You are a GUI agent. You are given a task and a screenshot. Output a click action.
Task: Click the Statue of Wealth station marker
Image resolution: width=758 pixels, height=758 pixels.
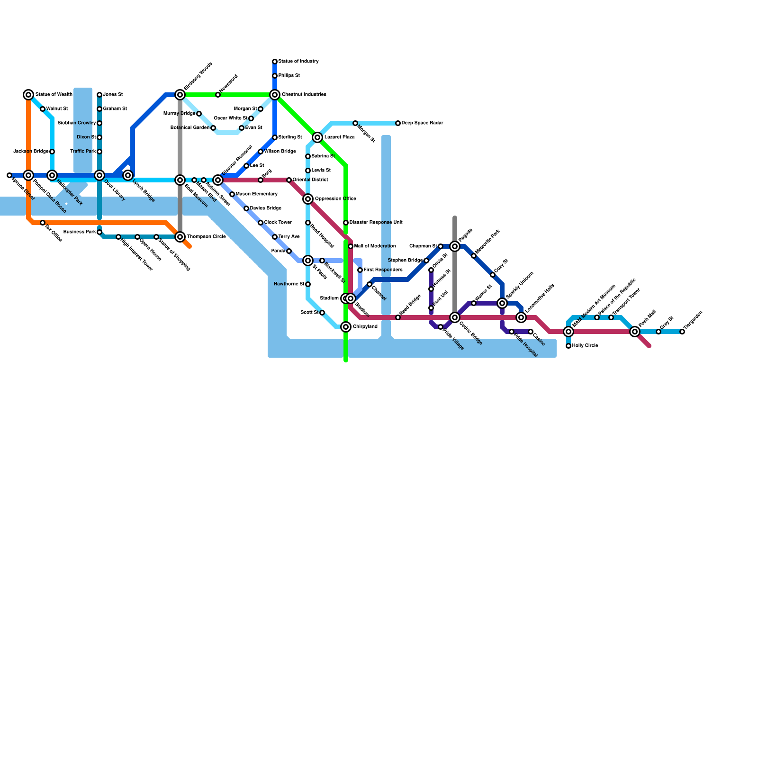click(x=28, y=95)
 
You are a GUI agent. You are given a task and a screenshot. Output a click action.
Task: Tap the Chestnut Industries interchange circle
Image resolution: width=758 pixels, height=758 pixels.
click(x=275, y=95)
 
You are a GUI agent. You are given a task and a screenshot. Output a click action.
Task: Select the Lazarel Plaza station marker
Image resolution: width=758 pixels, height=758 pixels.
click(x=317, y=137)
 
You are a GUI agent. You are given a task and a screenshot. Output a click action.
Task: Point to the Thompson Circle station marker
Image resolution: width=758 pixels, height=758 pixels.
click(x=180, y=237)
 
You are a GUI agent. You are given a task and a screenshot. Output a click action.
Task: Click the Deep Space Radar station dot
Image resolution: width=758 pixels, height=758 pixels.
click(x=398, y=123)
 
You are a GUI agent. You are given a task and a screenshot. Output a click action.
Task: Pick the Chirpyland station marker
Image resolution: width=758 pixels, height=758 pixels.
click(x=346, y=327)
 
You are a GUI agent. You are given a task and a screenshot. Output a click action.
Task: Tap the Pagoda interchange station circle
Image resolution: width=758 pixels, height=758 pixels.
click(x=455, y=246)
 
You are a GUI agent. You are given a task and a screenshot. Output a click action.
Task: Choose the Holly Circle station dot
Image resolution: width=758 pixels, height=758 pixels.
click(x=568, y=346)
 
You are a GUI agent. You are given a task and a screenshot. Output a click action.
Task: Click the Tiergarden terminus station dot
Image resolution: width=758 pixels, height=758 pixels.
click(x=682, y=332)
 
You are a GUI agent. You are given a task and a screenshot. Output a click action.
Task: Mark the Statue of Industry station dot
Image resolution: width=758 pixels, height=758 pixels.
click(x=275, y=62)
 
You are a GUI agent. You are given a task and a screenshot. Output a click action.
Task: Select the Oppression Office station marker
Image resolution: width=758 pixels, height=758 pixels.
click(x=308, y=199)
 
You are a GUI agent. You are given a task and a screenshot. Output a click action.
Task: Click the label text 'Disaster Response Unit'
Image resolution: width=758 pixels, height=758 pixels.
click(x=376, y=223)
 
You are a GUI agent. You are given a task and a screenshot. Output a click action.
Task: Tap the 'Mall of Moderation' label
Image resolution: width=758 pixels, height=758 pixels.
click(x=375, y=246)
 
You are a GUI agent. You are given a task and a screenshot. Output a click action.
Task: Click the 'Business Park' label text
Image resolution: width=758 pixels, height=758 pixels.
click(x=80, y=232)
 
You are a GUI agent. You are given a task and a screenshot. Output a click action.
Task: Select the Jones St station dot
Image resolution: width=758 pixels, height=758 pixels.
click(x=99, y=95)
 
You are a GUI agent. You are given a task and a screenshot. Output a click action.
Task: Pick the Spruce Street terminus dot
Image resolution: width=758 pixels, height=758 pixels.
click(x=9, y=175)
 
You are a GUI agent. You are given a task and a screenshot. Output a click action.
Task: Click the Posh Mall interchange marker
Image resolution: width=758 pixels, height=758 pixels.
click(x=635, y=332)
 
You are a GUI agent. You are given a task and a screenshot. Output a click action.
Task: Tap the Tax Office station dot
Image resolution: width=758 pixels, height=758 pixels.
click(x=43, y=223)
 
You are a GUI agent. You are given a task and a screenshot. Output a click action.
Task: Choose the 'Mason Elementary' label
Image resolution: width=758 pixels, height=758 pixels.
click(x=256, y=194)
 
